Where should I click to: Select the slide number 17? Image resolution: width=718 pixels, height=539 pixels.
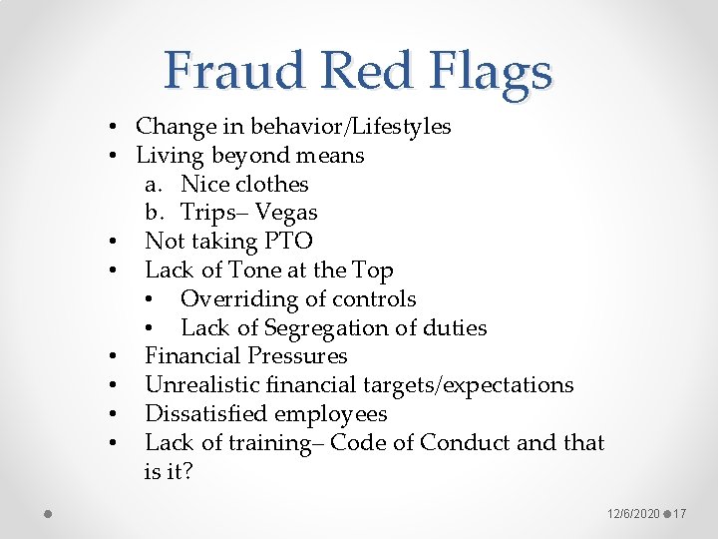pyautogui.click(x=680, y=513)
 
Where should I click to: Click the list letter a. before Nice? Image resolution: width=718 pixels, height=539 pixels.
pyautogui.click(x=154, y=185)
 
